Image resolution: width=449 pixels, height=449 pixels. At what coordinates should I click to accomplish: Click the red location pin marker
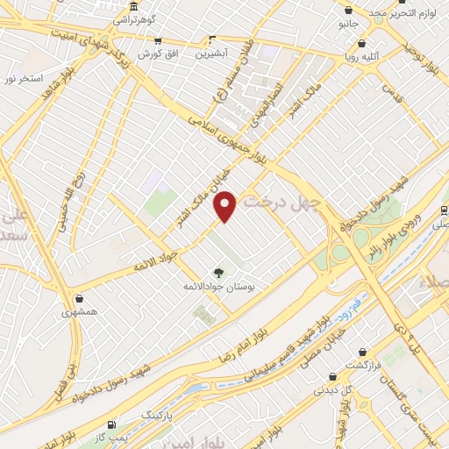point(225,207)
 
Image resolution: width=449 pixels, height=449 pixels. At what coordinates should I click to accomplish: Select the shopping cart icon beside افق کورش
point(157,40)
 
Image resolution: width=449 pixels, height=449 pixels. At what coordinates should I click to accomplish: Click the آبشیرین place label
point(210,53)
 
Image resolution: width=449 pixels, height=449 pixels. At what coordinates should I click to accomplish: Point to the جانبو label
point(350,24)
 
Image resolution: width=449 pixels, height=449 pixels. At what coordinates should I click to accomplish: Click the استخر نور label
point(23,79)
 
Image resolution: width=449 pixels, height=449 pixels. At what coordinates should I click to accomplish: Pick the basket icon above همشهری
point(80,299)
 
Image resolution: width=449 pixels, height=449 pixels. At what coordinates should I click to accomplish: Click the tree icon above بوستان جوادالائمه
point(218,273)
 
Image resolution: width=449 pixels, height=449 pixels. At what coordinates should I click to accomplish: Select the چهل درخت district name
point(279,202)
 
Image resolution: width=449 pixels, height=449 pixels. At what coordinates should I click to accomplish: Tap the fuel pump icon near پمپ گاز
point(110,424)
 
